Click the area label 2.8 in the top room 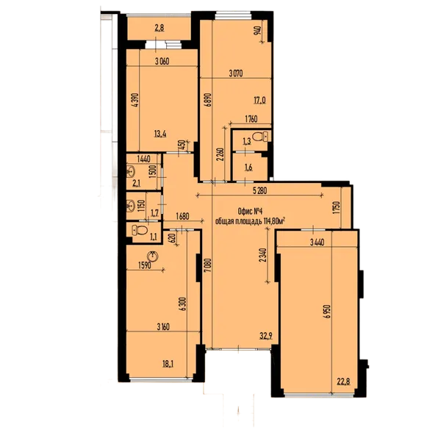click(x=159, y=29)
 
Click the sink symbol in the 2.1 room click(x=130, y=173)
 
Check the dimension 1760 click(x=255, y=118)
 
